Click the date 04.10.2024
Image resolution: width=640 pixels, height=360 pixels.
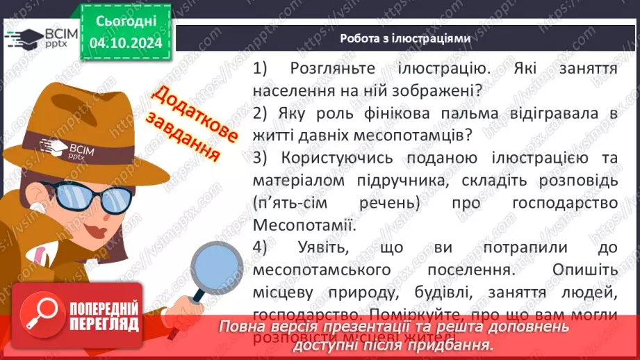click(126, 42)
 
